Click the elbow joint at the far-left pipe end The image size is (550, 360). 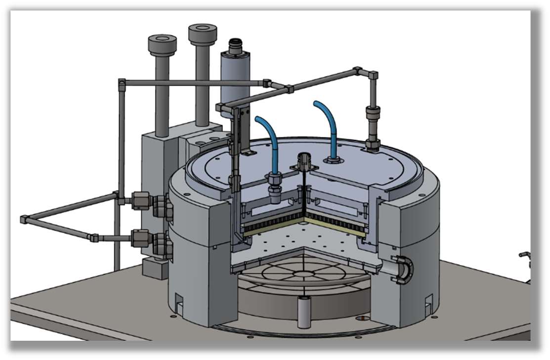pos(24,219)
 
